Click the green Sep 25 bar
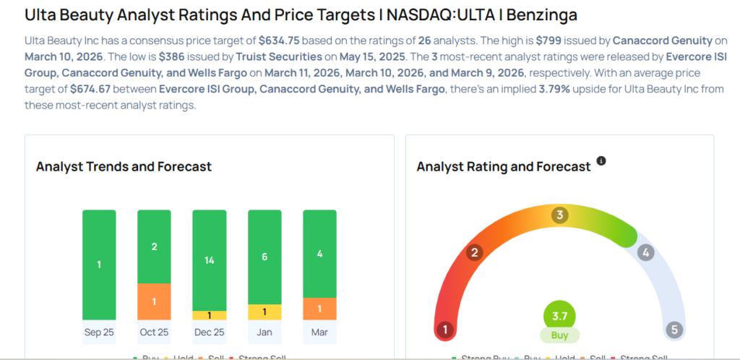tap(99, 265)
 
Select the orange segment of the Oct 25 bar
tap(154, 301)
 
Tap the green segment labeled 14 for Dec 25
tap(209, 260)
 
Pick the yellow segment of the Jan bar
tap(264, 312)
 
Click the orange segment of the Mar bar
tap(319, 308)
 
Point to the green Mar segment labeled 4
tap(319, 254)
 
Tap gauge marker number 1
tap(445, 330)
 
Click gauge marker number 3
tap(559, 215)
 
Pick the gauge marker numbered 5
tap(674, 330)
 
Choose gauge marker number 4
tap(646, 252)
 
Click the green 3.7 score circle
tap(559, 316)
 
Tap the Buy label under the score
tap(559, 335)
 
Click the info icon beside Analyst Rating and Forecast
tap(601, 160)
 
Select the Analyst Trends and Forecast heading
tap(124, 166)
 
